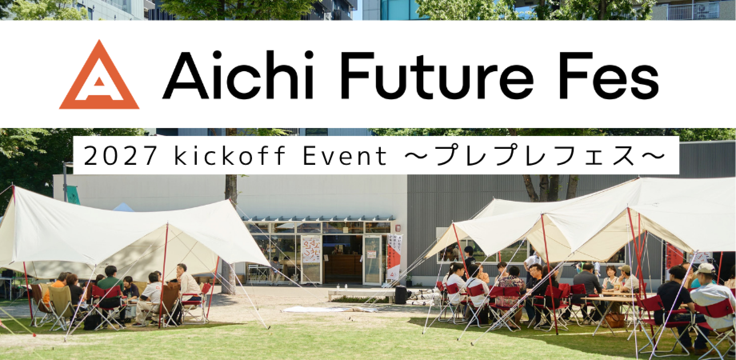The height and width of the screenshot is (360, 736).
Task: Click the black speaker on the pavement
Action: (401, 295)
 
